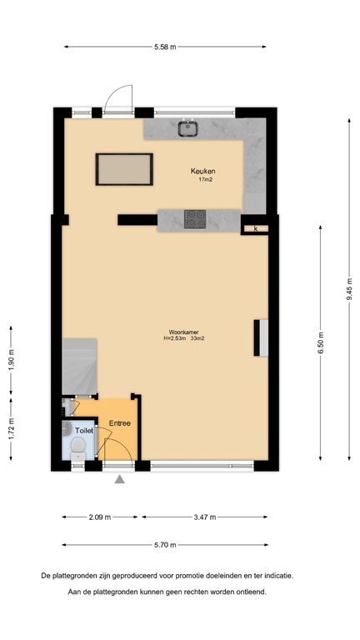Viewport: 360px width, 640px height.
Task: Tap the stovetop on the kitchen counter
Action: click(196, 218)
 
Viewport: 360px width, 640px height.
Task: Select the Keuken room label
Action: click(205, 171)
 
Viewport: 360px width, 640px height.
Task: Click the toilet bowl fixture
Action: click(77, 449)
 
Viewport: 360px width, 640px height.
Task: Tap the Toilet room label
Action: click(83, 431)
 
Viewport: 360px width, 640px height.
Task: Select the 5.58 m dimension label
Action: click(164, 47)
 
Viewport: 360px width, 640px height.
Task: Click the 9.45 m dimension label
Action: click(350, 288)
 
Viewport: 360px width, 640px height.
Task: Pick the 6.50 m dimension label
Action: click(321, 342)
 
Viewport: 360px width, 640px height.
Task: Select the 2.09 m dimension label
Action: click(101, 517)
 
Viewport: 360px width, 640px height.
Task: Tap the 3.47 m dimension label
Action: click(205, 517)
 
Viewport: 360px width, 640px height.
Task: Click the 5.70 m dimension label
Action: click(165, 545)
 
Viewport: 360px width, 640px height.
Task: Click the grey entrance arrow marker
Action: click(119, 479)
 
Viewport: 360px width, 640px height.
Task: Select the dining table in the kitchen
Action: click(124, 170)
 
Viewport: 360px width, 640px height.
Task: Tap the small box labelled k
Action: click(256, 227)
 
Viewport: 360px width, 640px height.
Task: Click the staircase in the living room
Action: click(80, 364)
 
